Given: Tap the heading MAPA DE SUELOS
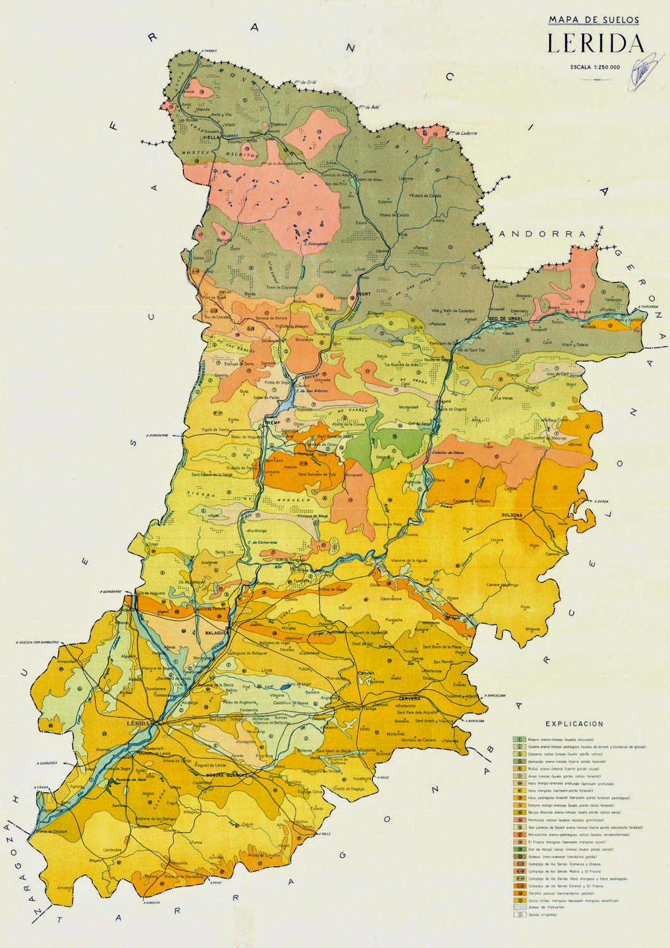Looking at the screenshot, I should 594,20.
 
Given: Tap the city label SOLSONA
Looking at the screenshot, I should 515,515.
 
